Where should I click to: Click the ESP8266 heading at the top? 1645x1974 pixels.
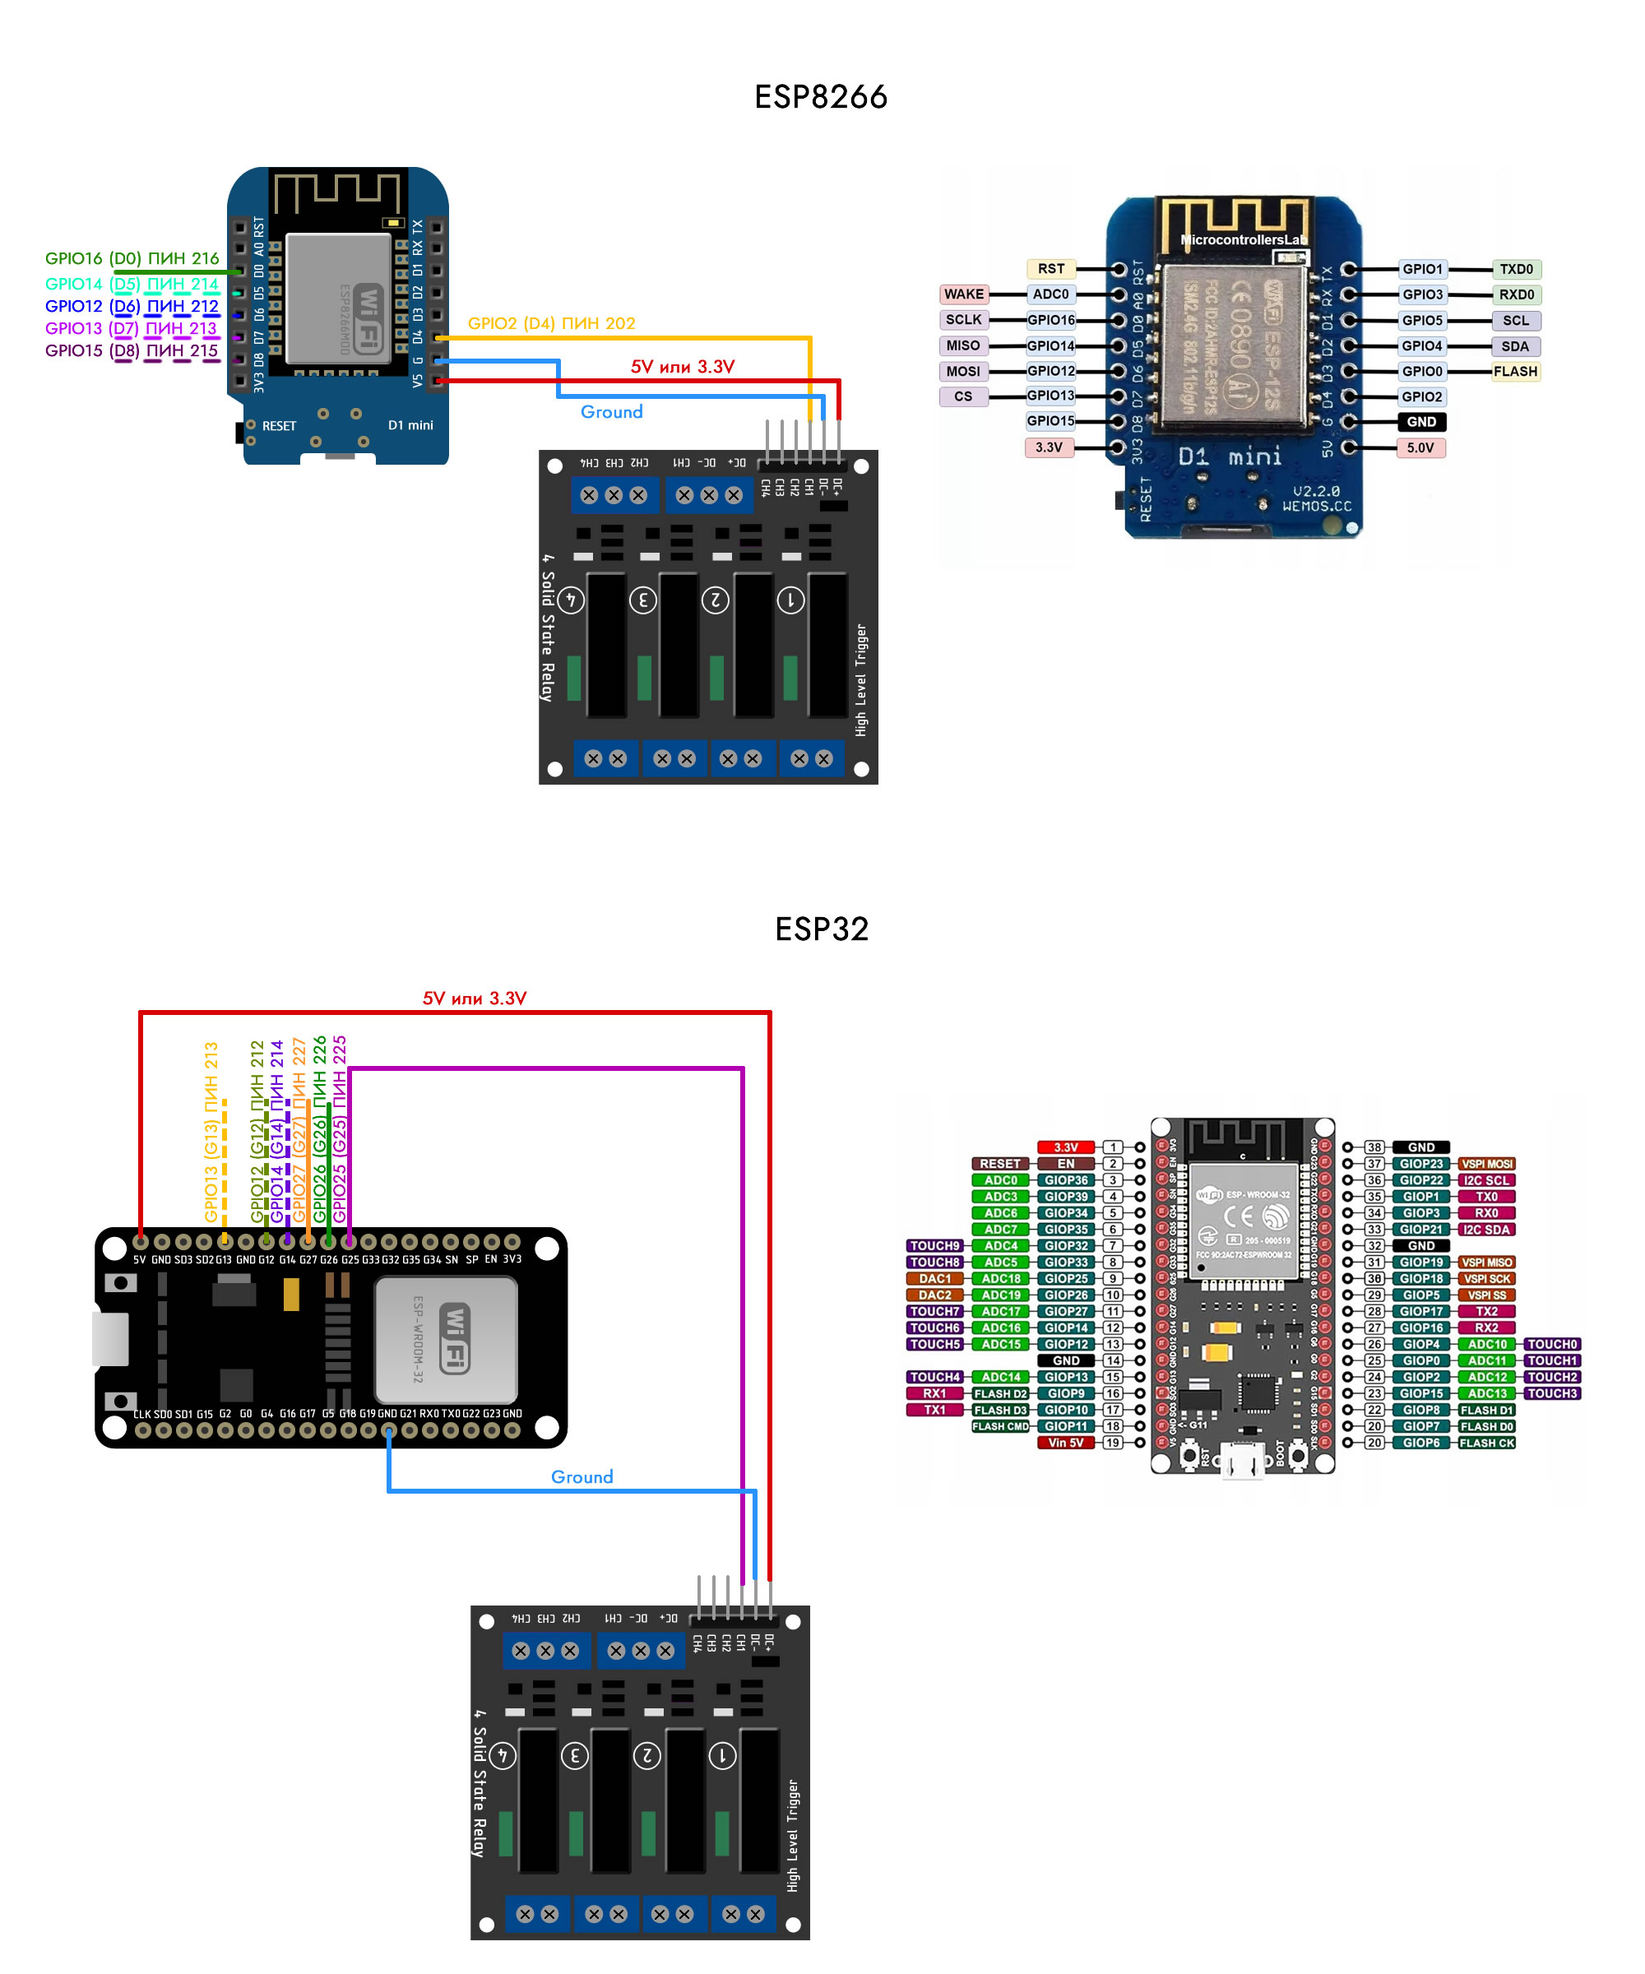coord(821,97)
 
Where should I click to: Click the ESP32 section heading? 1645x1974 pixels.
coord(821,929)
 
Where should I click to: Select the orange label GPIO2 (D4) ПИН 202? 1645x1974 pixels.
coord(551,323)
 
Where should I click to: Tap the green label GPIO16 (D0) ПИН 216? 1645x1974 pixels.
coord(132,258)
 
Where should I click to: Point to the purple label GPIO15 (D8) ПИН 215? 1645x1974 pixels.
coord(132,350)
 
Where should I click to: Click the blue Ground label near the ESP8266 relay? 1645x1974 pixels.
coord(611,412)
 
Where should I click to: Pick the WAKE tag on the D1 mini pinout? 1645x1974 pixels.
coord(963,294)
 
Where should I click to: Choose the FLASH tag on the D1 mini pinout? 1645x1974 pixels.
coord(1515,371)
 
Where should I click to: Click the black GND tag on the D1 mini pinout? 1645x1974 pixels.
coord(1421,422)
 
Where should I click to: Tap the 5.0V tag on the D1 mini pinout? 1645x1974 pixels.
coord(1420,447)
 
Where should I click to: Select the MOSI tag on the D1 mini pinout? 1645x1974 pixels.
coord(962,371)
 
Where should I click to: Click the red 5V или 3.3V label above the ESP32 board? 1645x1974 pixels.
coord(474,999)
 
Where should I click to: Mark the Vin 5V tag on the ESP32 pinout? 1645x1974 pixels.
coord(1065,1443)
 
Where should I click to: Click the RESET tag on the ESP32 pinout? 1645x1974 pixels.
coord(999,1164)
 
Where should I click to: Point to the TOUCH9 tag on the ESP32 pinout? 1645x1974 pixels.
coord(934,1245)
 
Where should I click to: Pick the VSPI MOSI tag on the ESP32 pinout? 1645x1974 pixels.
coord(1486,1164)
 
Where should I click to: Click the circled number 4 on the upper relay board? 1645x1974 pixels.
coord(571,600)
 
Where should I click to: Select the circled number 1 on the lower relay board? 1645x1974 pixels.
coord(722,1755)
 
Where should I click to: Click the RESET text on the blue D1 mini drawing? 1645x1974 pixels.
coord(279,426)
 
